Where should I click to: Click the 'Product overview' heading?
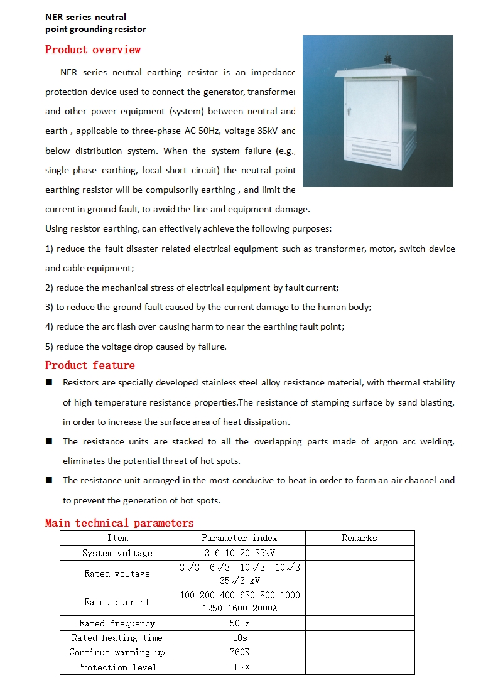tap(93, 50)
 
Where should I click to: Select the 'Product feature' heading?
tap(90, 365)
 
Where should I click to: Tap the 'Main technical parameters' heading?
tap(119, 523)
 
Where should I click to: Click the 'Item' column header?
tap(117, 538)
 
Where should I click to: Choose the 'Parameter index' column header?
tap(239, 538)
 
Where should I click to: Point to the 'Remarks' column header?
tap(359, 538)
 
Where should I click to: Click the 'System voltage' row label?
tap(117, 553)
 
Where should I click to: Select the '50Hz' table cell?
tap(239, 623)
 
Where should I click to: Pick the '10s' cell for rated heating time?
tap(239, 638)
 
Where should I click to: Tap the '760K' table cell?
tap(239, 652)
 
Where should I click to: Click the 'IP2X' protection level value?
tap(239, 667)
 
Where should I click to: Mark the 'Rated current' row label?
tap(117, 602)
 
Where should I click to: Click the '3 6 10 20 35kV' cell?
tap(239, 553)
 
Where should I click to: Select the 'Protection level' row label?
tap(117, 667)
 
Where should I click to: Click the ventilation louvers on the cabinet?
tap(375, 151)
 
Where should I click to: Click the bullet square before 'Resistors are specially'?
tap(49, 382)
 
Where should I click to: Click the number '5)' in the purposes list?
tap(50, 347)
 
